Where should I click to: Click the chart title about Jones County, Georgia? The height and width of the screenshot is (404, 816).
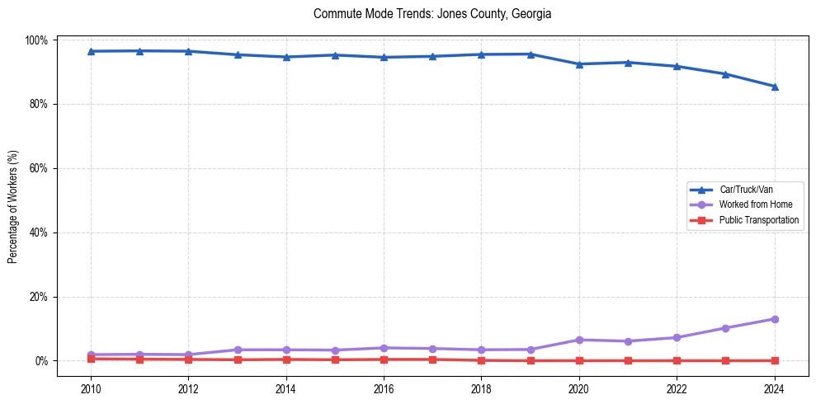432,14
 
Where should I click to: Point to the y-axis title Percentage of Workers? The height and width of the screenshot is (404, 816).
13,207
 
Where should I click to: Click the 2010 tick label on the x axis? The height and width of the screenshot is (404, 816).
91,388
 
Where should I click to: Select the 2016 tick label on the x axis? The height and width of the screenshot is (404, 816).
384,388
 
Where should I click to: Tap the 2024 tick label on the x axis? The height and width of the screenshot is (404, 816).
774,388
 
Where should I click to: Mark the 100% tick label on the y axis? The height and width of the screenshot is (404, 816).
38,40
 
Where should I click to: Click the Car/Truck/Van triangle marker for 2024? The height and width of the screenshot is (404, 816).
774,87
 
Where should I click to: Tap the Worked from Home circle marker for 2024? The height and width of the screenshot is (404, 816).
774,319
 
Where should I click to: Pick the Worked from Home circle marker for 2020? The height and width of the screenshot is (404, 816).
579,340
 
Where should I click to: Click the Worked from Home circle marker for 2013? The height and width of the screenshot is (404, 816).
238,350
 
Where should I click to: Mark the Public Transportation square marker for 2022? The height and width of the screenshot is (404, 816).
677,360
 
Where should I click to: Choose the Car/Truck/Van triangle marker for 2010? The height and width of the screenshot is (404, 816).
91,51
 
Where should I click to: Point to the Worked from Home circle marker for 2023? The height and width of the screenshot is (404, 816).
725,328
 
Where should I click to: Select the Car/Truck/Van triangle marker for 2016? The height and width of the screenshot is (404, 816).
384,57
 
